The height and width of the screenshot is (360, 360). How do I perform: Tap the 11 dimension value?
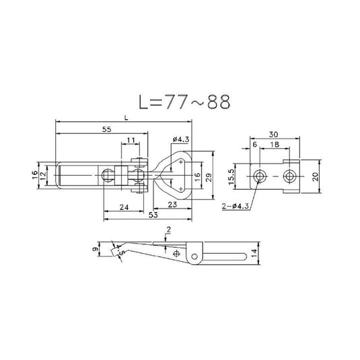[x=130, y=141]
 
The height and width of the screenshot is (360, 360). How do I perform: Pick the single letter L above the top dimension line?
[x=126, y=117]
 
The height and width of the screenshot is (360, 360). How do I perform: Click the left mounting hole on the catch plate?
[x=260, y=176]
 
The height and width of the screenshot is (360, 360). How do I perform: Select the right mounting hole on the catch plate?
[x=289, y=176]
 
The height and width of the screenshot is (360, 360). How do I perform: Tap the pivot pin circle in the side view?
[x=194, y=254]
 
